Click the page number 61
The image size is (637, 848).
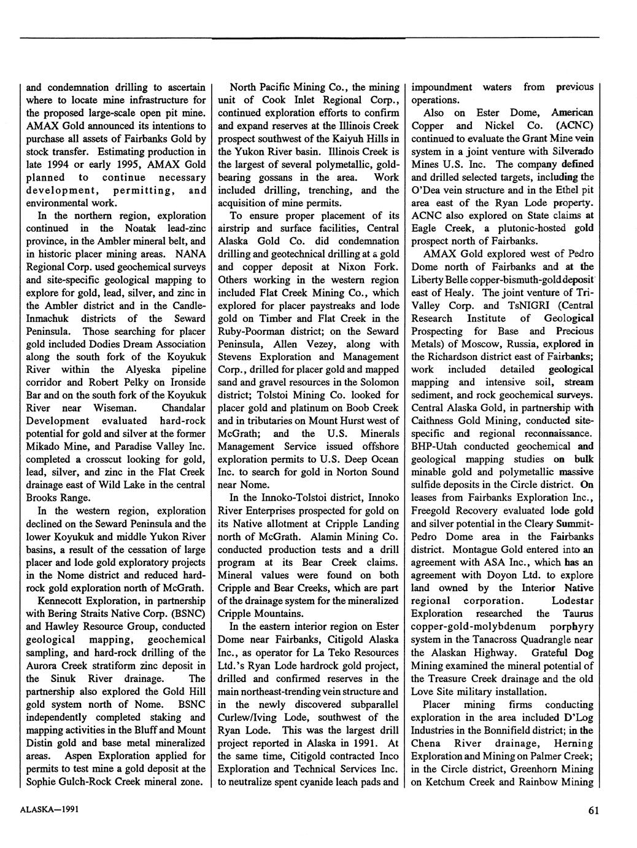[x=593, y=810]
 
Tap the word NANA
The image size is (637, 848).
[x=190, y=254]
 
